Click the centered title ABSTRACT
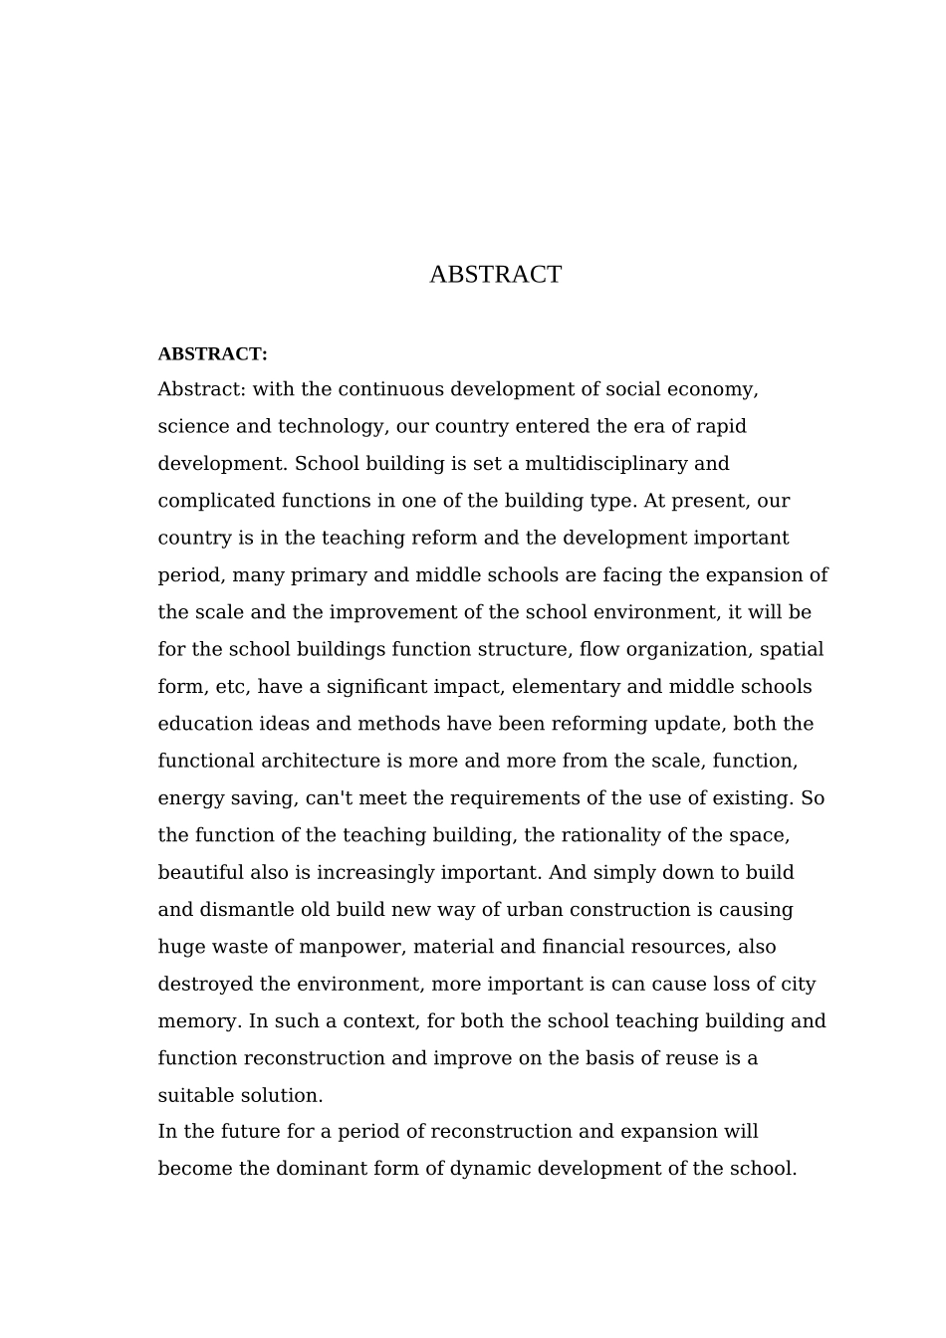coord(495,275)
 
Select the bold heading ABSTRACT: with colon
coord(212,354)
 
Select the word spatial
coord(792,650)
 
